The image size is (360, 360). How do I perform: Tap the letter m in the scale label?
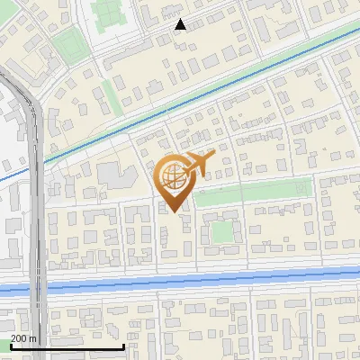point(33,337)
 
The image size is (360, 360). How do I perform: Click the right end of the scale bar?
point(122,346)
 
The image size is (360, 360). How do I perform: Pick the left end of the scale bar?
point(10,346)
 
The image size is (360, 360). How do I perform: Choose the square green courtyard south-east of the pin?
point(221,231)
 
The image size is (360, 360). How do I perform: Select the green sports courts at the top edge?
point(108,12)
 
